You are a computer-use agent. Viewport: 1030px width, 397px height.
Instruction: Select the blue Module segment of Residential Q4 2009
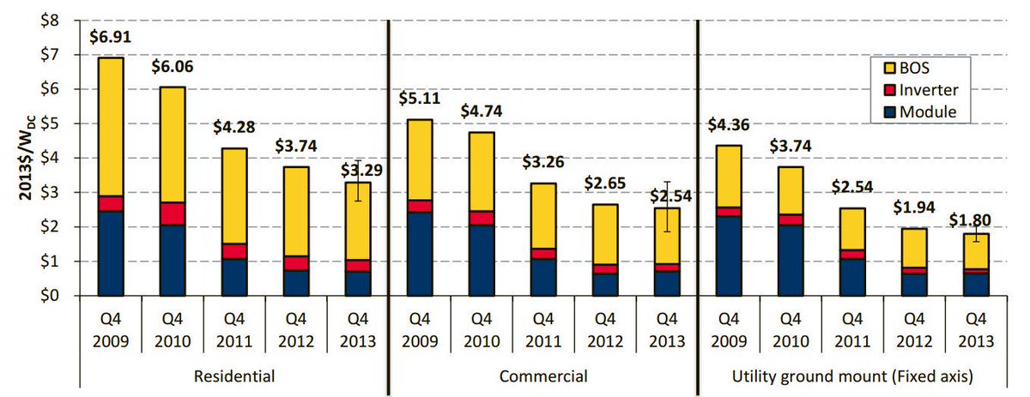pyautogui.click(x=110, y=253)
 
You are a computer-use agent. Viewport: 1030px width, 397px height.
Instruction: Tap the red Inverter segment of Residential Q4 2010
pyautogui.click(x=172, y=214)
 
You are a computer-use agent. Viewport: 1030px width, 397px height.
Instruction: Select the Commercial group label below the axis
pyautogui.click(x=542, y=376)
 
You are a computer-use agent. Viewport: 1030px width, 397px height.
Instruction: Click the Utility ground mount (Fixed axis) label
pyautogui.click(x=850, y=376)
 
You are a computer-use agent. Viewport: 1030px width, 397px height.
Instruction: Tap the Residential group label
pyautogui.click(x=234, y=376)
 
